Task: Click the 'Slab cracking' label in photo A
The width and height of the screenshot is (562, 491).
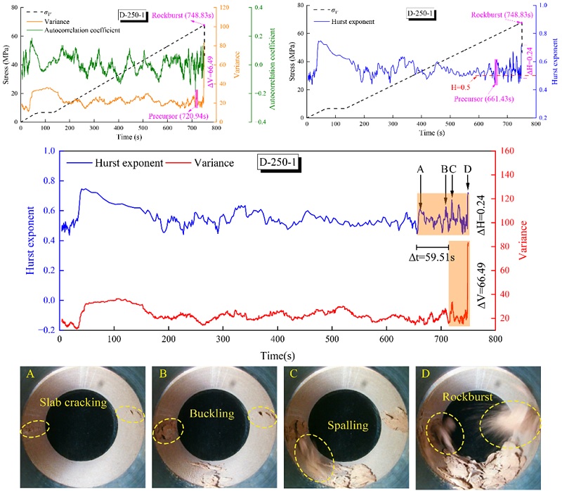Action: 77,402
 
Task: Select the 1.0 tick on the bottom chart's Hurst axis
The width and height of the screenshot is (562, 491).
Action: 48,150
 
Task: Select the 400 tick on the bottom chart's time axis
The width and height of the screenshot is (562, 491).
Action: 277,338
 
